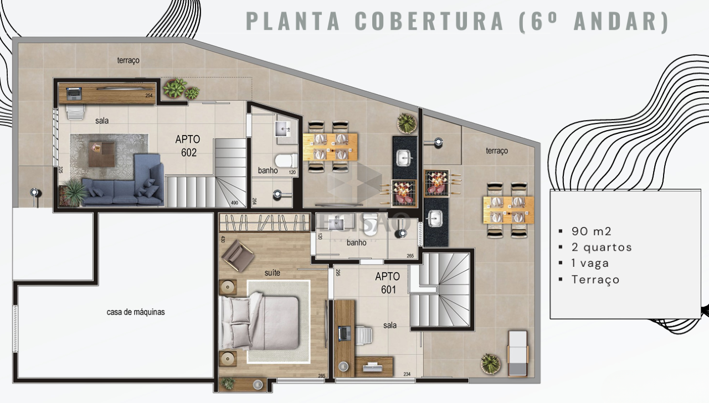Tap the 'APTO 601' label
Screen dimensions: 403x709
(388, 282)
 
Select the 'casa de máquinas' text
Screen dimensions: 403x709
(136, 312)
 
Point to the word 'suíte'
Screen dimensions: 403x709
(272, 272)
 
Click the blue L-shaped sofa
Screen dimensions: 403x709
(127, 185)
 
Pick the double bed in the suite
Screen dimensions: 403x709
(260, 323)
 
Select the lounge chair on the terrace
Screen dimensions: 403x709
(518, 351)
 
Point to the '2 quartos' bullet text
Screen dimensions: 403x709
(602, 247)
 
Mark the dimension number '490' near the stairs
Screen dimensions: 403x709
(234, 203)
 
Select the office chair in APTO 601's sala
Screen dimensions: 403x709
(363, 334)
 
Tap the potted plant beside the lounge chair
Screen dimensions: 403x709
(490, 363)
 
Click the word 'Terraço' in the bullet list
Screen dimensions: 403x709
(595, 280)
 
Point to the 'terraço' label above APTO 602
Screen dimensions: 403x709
(128, 60)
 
